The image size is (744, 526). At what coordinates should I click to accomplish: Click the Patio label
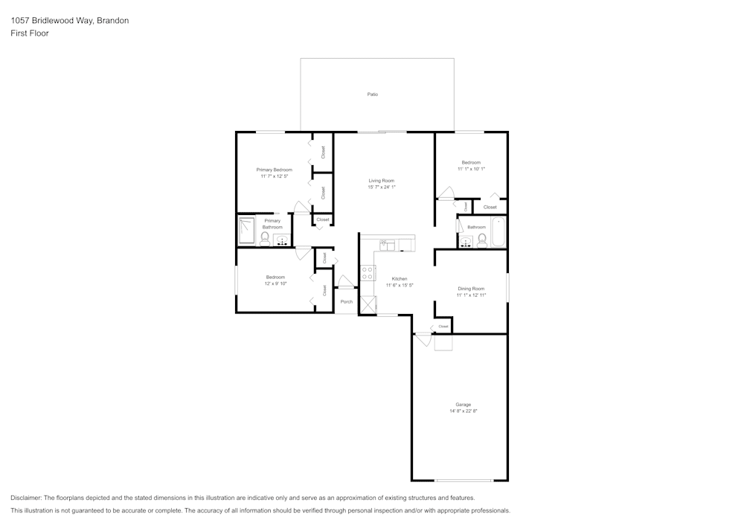click(372, 94)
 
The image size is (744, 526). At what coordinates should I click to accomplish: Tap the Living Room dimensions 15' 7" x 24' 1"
click(382, 187)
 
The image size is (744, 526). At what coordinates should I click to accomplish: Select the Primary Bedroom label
click(274, 170)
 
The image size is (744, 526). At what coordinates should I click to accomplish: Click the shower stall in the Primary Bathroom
click(246, 231)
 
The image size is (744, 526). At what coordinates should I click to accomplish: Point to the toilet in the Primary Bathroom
click(265, 239)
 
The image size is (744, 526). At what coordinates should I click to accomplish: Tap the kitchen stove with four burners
click(368, 272)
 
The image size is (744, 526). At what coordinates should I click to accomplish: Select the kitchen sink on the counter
click(387, 244)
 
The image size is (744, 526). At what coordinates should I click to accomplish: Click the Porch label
click(347, 301)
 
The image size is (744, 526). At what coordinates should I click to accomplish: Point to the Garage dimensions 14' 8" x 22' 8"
click(463, 411)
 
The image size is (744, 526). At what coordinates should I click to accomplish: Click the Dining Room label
click(471, 289)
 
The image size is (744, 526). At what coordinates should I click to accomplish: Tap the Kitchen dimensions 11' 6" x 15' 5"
click(400, 285)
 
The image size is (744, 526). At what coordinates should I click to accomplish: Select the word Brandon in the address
click(114, 21)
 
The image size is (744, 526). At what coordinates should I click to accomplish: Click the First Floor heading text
click(30, 33)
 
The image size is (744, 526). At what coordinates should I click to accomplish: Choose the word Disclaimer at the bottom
click(26, 498)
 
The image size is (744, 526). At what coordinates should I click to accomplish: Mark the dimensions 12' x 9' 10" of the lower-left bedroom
click(275, 283)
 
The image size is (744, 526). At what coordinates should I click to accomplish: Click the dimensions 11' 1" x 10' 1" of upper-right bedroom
click(471, 169)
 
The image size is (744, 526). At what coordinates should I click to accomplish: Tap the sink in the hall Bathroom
click(467, 241)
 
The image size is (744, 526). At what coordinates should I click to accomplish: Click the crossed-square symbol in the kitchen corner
click(368, 304)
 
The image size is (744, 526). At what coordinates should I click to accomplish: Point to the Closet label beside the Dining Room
click(443, 327)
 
